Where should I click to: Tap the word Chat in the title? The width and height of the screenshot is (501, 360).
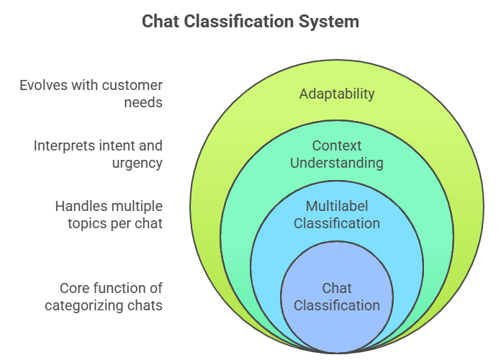pyautogui.click(x=160, y=21)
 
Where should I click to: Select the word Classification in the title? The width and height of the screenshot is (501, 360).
pyautogui.click(x=238, y=21)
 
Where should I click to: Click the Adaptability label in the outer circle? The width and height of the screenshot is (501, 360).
pyautogui.click(x=337, y=94)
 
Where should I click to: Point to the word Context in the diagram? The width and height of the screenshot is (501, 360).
pyautogui.click(x=337, y=146)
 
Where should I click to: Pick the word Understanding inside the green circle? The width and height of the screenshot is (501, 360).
pyautogui.click(x=337, y=163)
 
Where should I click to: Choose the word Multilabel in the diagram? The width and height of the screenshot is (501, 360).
pyautogui.click(x=337, y=207)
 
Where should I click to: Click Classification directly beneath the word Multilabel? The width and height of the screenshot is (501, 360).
pyautogui.click(x=337, y=223)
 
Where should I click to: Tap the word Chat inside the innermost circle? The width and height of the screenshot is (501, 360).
pyautogui.click(x=337, y=288)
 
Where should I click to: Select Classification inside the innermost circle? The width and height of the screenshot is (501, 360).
pyautogui.click(x=337, y=305)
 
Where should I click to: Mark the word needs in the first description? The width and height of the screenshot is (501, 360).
pyautogui.click(x=145, y=102)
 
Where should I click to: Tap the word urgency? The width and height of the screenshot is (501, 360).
pyautogui.click(x=137, y=163)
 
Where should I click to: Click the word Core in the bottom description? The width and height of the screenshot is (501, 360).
pyautogui.click(x=73, y=288)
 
